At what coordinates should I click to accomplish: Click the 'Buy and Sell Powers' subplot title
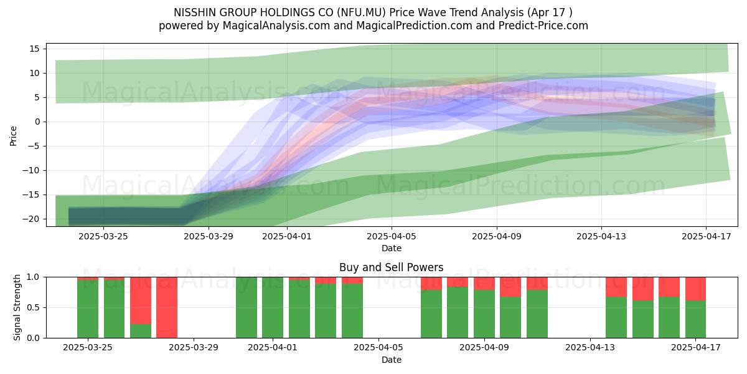tap(391, 267)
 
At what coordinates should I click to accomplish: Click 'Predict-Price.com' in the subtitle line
tap(543, 26)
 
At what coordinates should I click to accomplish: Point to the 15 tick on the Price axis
tap(34, 49)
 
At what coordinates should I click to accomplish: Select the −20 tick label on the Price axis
tap(31, 219)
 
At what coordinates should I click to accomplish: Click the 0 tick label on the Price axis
tap(37, 122)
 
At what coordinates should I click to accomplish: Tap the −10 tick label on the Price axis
tap(31, 170)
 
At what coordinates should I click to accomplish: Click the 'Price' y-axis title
tap(13, 136)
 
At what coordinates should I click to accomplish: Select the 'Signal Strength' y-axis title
tap(17, 307)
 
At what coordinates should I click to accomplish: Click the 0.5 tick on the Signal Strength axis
tap(34, 307)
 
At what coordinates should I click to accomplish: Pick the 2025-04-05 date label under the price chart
tap(392, 236)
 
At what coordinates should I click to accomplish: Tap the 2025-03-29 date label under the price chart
tap(209, 236)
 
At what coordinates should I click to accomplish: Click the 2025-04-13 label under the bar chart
tap(590, 348)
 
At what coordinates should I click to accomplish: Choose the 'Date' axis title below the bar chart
tap(392, 360)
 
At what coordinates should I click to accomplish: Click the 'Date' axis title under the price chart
tap(392, 248)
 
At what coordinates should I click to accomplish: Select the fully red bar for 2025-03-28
tap(167, 307)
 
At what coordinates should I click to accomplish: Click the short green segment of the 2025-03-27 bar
tap(141, 330)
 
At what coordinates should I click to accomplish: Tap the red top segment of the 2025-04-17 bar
tap(695, 289)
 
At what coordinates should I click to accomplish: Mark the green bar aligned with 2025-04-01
tap(273, 307)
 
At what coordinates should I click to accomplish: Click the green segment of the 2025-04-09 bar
tap(484, 314)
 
